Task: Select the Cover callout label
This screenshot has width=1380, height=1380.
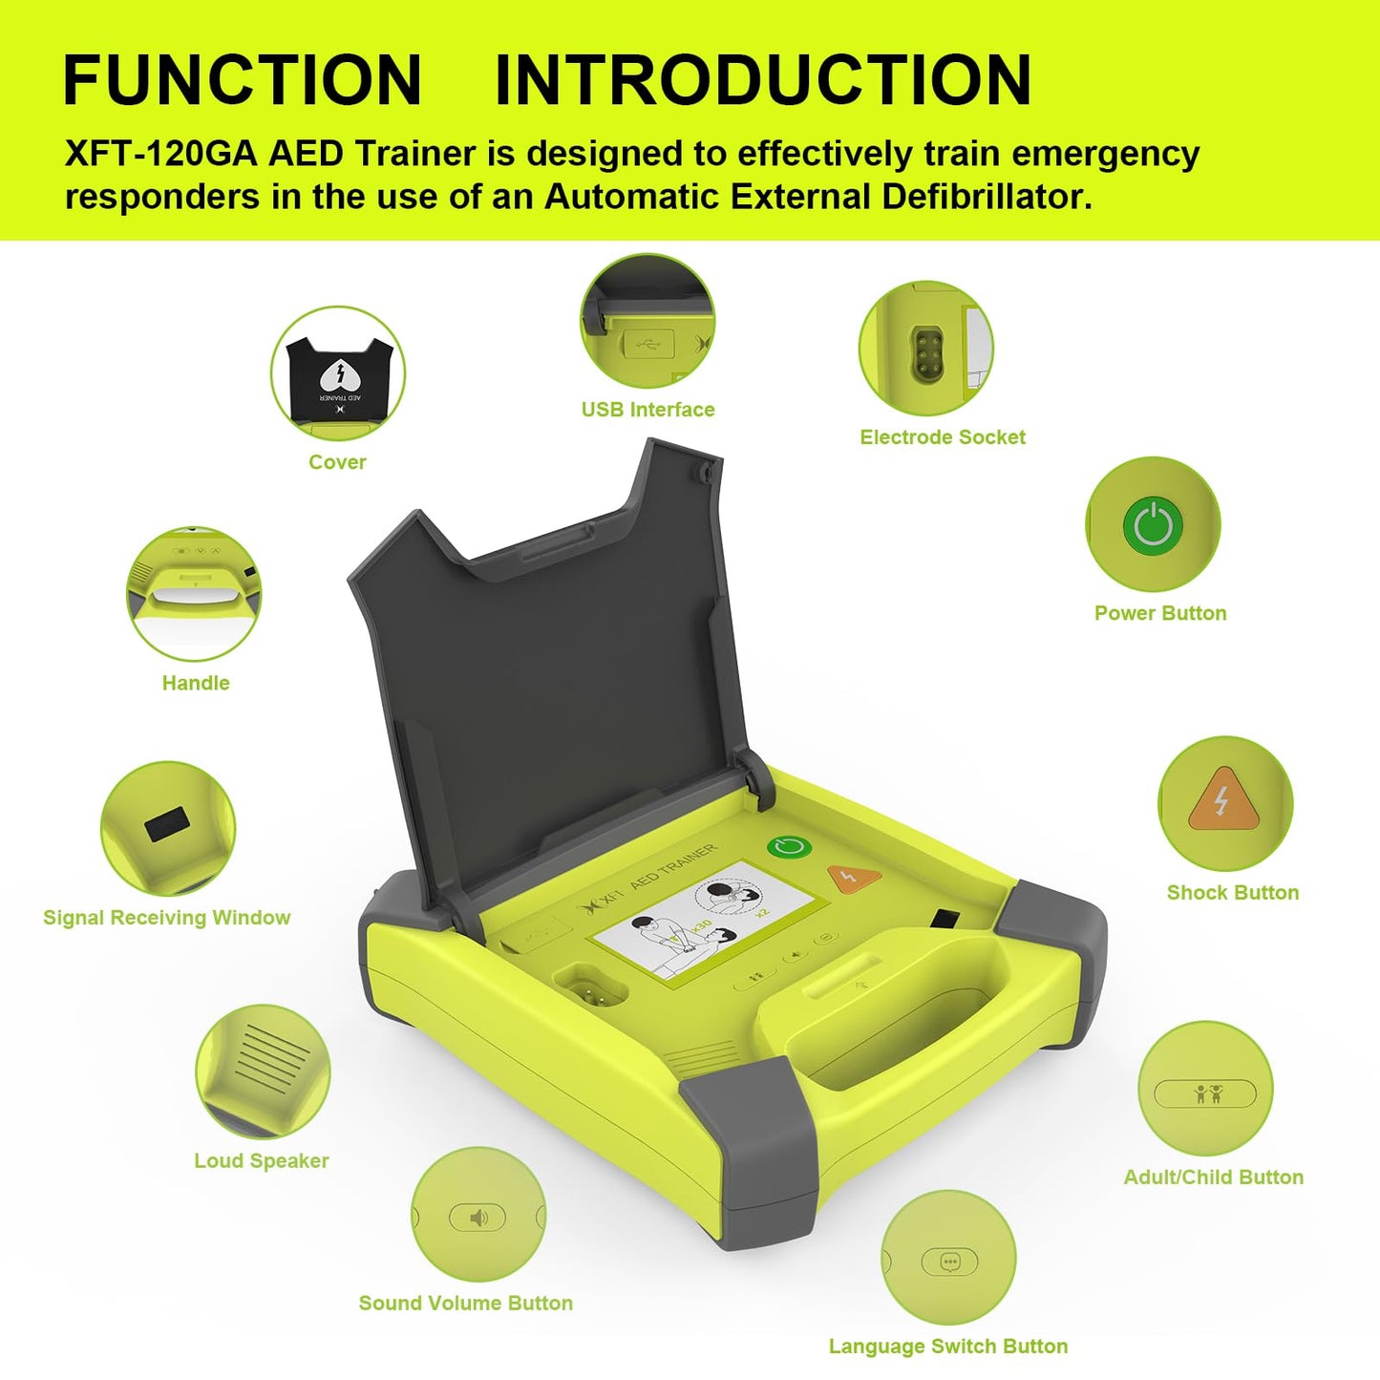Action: coord(337,462)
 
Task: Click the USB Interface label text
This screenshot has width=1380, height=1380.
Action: coord(648,410)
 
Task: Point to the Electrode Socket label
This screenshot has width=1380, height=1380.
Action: coord(943,437)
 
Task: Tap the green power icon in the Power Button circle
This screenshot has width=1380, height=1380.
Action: coord(1153,525)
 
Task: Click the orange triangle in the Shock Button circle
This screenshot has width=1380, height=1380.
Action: coord(1221,800)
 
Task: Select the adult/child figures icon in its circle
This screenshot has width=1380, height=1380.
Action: coord(1207,1093)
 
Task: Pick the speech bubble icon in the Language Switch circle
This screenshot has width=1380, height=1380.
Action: coord(949,1262)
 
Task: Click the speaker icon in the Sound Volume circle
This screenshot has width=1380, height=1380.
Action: coord(478,1218)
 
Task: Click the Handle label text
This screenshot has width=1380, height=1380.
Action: coord(196,683)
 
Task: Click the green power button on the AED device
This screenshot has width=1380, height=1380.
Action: coord(789,848)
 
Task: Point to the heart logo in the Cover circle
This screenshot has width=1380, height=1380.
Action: coord(338,373)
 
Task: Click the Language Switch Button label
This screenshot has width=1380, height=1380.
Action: coord(948,1347)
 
